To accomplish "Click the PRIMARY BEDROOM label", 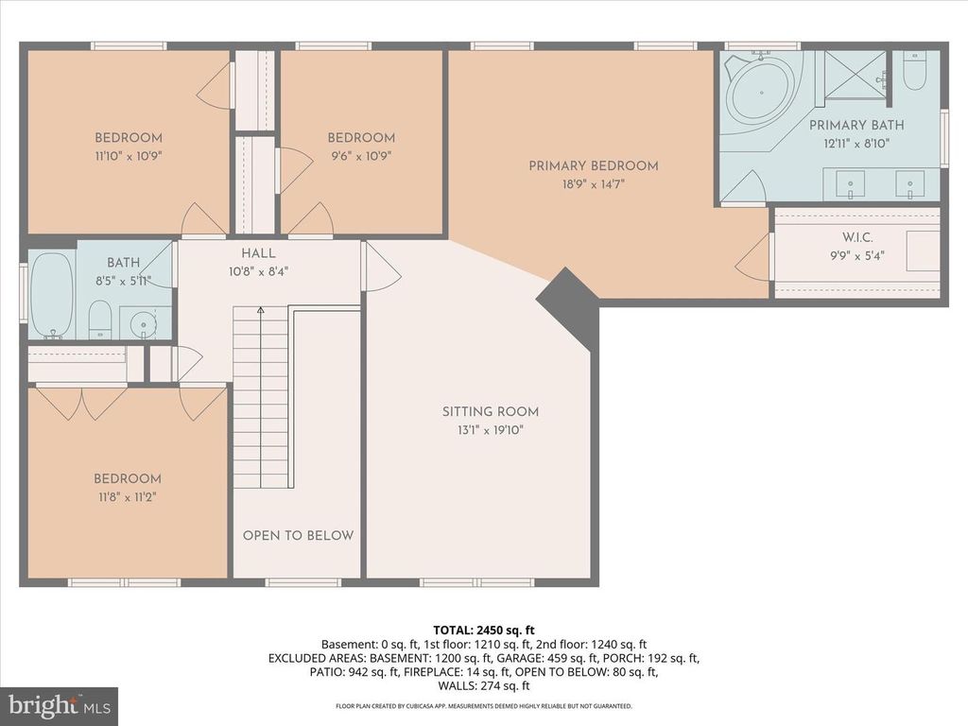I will pyautogui.click(x=593, y=165).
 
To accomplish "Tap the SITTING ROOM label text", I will pyautogui.click(x=491, y=411).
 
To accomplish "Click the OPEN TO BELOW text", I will pyautogui.click(x=298, y=535).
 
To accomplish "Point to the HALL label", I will pyautogui.click(x=258, y=253).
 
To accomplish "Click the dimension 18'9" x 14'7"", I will pyautogui.click(x=593, y=184).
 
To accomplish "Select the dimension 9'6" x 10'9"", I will pyautogui.click(x=361, y=156).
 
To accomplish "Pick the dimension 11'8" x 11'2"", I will pyautogui.click(x=127, y=496).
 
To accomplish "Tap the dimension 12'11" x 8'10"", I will pyautogui.click(x=856, y=144).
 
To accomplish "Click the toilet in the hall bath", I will pyautogui.click(x=101, y=319).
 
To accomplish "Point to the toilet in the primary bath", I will pyautogui.click(x=914, y=71).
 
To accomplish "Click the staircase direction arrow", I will pyautogui.click(x=261, y=310).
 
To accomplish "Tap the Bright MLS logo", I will pyautogui.click(x=59, y=705).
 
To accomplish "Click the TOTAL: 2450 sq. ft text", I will pyautogui.click(x=484, y=629).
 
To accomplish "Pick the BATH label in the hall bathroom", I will pyautogui.click(x=123, y=263).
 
